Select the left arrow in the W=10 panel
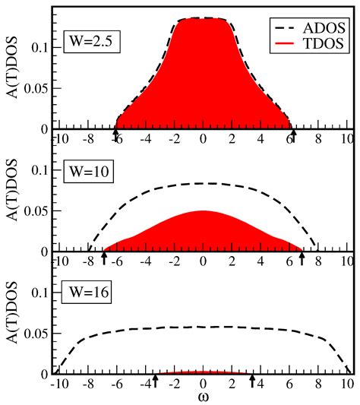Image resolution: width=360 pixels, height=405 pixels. click(104, 259)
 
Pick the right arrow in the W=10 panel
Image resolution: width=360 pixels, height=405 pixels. click(302, 259)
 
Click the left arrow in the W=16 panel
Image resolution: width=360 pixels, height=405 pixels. click(155, 381)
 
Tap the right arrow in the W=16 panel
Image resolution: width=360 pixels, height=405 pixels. click(253, 381)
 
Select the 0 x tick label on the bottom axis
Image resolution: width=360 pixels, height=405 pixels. click(203, 384)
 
